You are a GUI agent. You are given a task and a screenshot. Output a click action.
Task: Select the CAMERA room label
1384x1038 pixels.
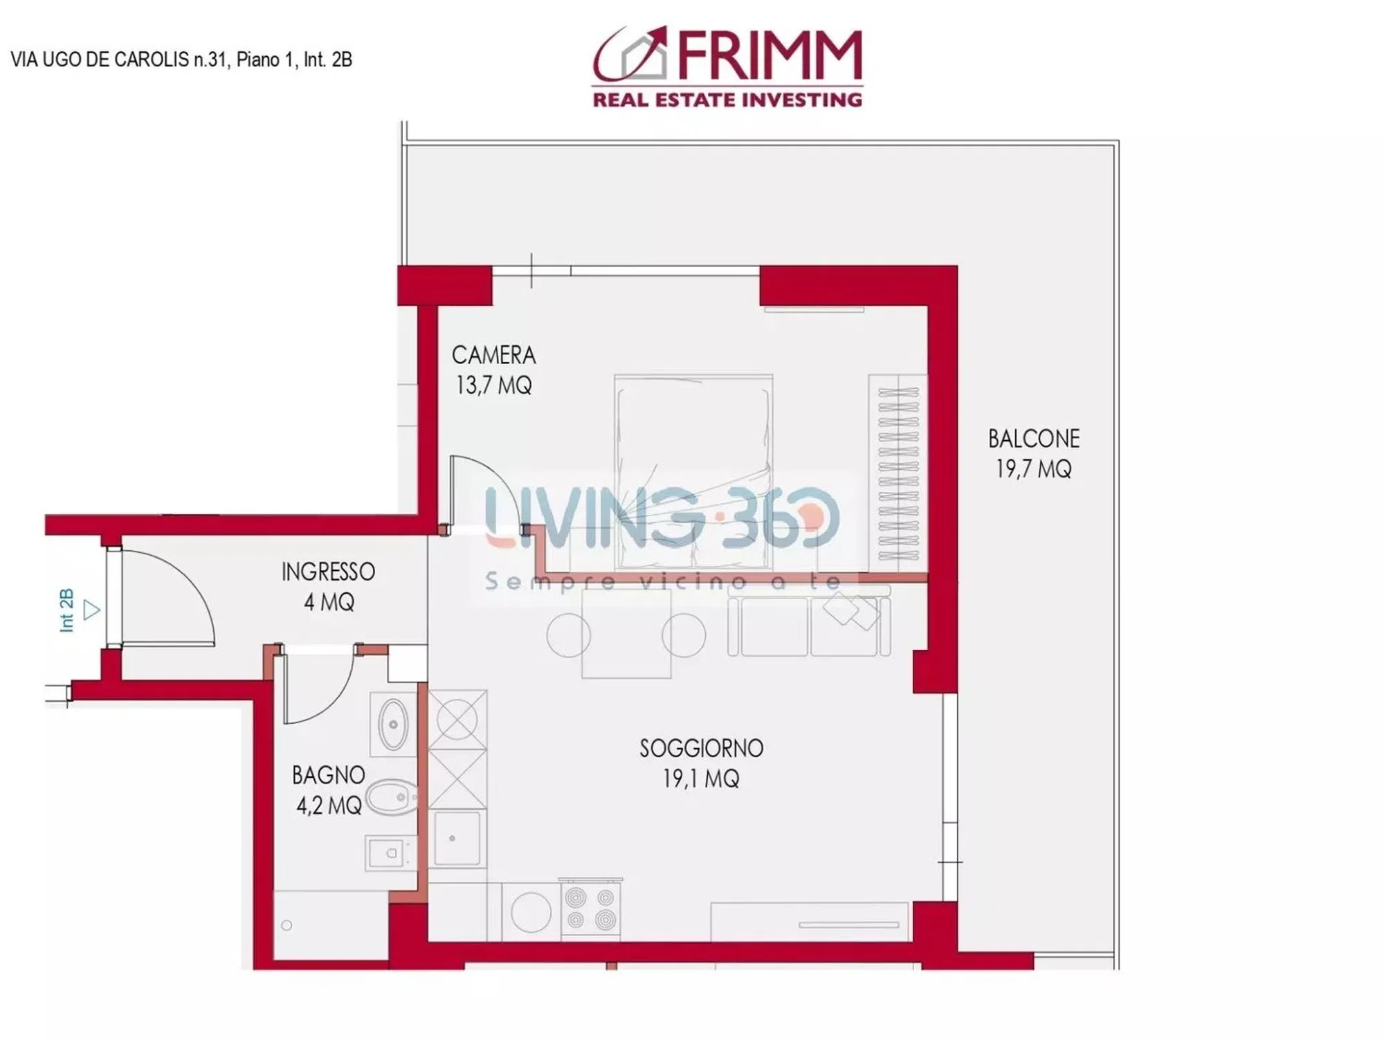point(493,355)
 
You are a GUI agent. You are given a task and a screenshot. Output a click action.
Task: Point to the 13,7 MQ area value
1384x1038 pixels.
point(493,385)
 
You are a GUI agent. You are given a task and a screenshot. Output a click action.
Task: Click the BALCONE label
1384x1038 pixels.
point(1034,439)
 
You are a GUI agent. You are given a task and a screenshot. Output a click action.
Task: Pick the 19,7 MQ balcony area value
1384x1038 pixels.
point(1034,469)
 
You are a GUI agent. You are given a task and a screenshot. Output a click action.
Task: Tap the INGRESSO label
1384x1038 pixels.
point(328,572)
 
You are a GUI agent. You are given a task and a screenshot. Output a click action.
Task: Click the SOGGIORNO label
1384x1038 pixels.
point(701,748)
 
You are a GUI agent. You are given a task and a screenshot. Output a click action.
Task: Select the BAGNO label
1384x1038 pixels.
point(328,775)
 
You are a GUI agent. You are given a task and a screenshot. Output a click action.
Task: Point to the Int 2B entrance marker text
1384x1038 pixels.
point(66,610)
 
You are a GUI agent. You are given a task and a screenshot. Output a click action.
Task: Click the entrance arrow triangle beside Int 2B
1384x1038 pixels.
point(91,610)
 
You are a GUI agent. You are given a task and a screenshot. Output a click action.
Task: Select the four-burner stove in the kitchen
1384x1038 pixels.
point(590,909)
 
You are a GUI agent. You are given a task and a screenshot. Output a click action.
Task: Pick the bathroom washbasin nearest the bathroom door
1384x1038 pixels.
point(393,725)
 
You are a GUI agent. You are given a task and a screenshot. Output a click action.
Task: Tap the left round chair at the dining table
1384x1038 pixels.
point(568,635)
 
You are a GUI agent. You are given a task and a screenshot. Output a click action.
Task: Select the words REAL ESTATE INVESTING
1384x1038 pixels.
point(727,100)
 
